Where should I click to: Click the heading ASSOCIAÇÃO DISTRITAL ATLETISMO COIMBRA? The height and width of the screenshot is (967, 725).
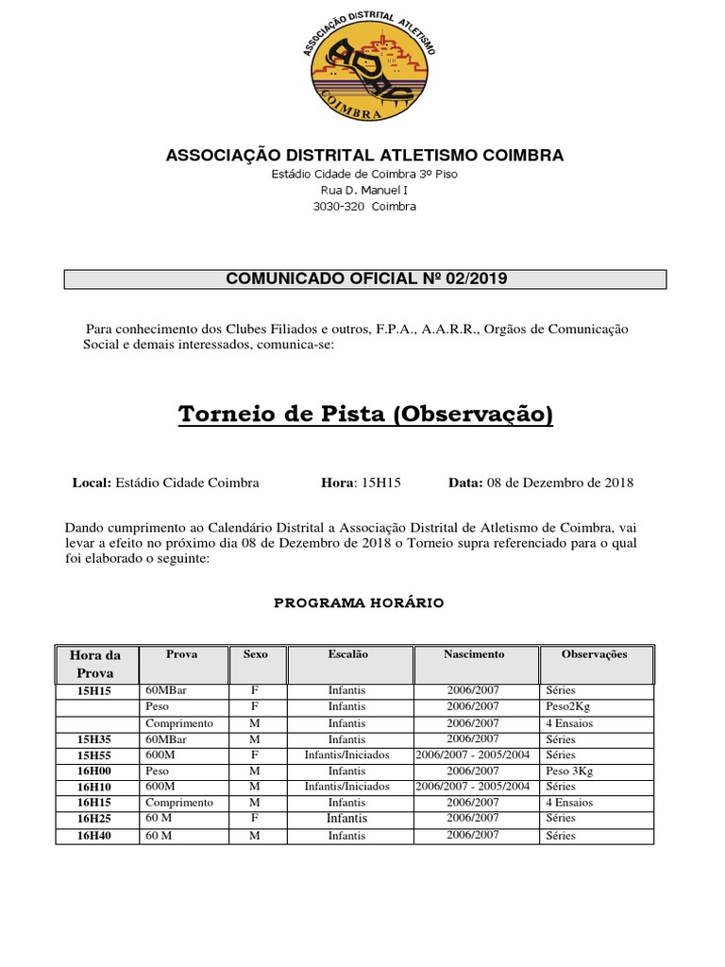click(x=365, y=155)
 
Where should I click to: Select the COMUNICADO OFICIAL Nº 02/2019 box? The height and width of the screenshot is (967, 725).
click(x=365, y=279)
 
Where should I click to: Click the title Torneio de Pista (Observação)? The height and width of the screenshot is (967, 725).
click(x=365, y=415)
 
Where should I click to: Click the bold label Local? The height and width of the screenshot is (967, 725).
click(x=92, y=483)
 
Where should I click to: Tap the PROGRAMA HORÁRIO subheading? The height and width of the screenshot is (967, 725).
click(x=359, y=602)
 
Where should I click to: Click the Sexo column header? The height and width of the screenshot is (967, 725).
click(x=255, y=654)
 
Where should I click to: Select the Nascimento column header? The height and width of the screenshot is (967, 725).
click(x=474, y=654)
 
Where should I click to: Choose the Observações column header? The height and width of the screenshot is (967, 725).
click(x=594, y=654)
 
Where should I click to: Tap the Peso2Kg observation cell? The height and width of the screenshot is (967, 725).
click(x=567, y=706)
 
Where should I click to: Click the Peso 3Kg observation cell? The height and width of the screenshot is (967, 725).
click(x=569, y=772)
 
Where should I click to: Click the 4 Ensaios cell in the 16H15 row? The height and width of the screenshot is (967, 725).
click(x=568, y=804)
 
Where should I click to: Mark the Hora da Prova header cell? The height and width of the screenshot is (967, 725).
click(x=95, y=664)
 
